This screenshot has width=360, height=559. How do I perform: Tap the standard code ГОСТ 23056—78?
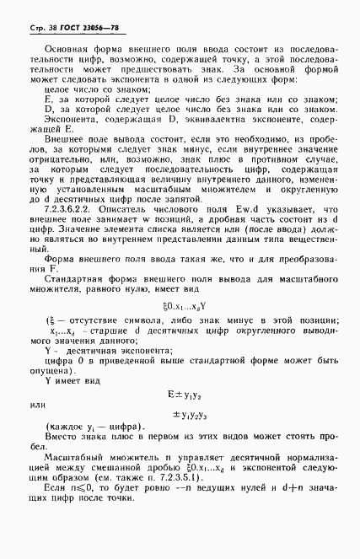[x=77, y=28]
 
